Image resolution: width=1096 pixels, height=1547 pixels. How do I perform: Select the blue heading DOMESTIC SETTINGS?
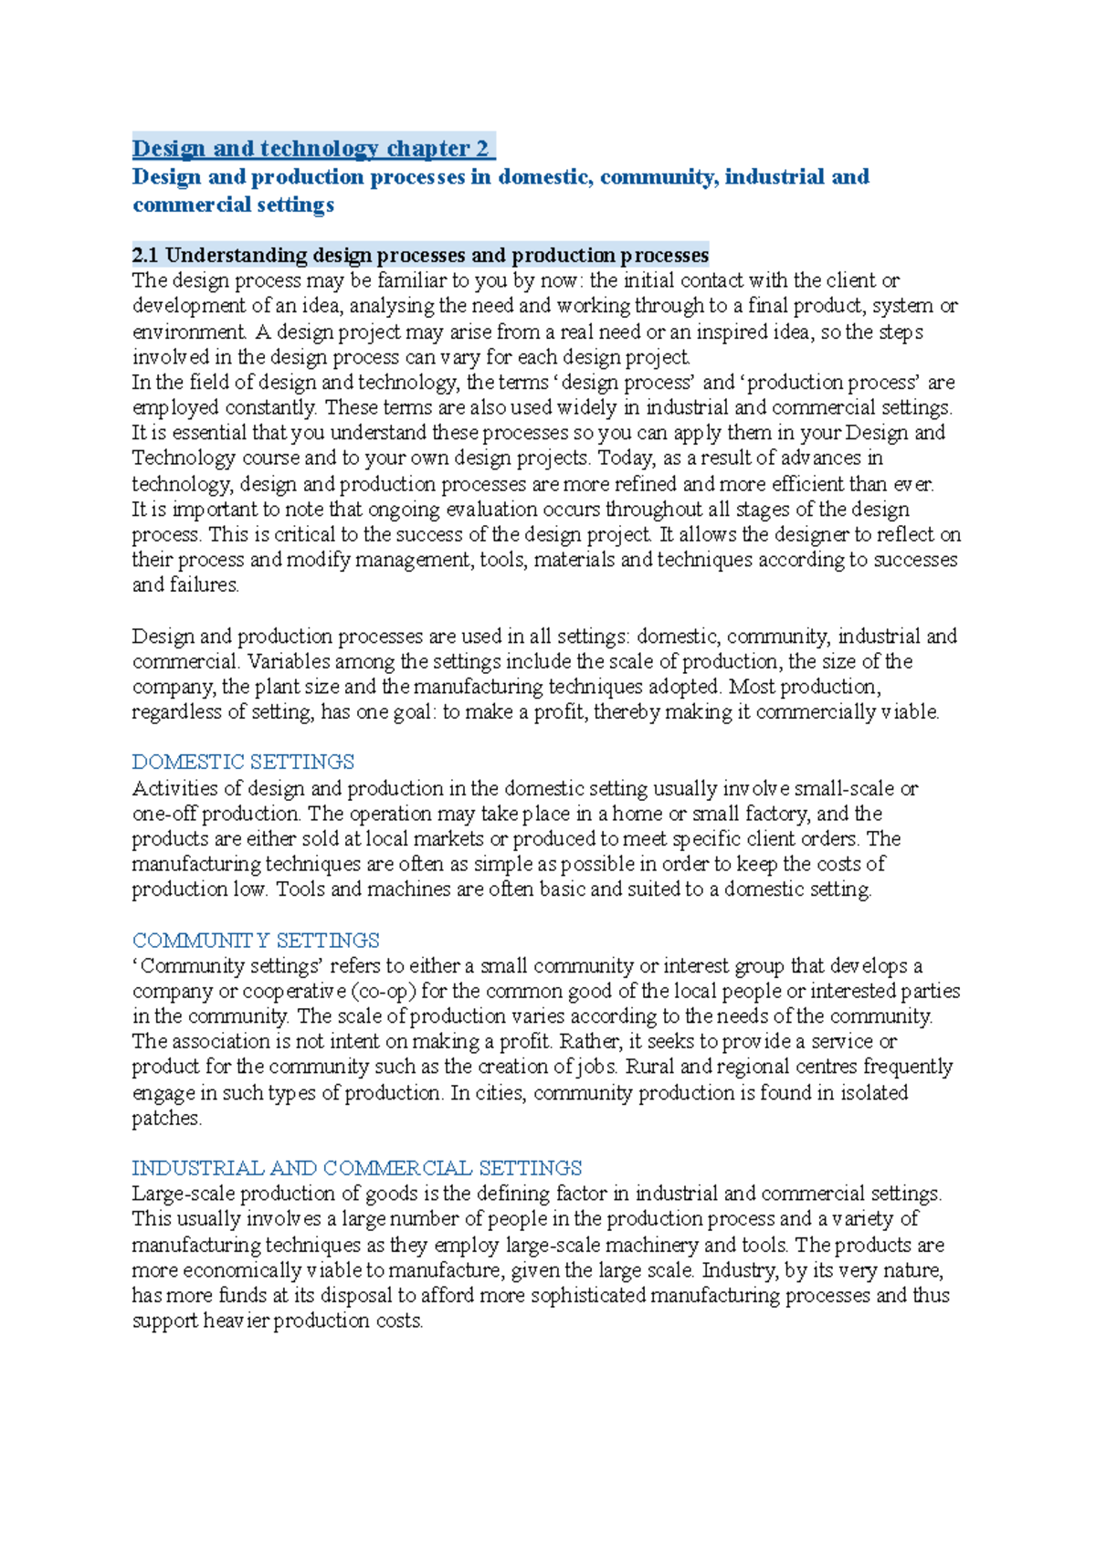pos(243,762)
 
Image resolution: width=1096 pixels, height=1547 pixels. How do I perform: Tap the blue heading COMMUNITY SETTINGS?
pos(256,940)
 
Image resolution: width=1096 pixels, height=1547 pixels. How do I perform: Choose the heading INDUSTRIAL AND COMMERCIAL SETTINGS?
pos(356,1168)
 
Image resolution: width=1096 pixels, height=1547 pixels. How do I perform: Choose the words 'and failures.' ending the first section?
pos(185,585)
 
